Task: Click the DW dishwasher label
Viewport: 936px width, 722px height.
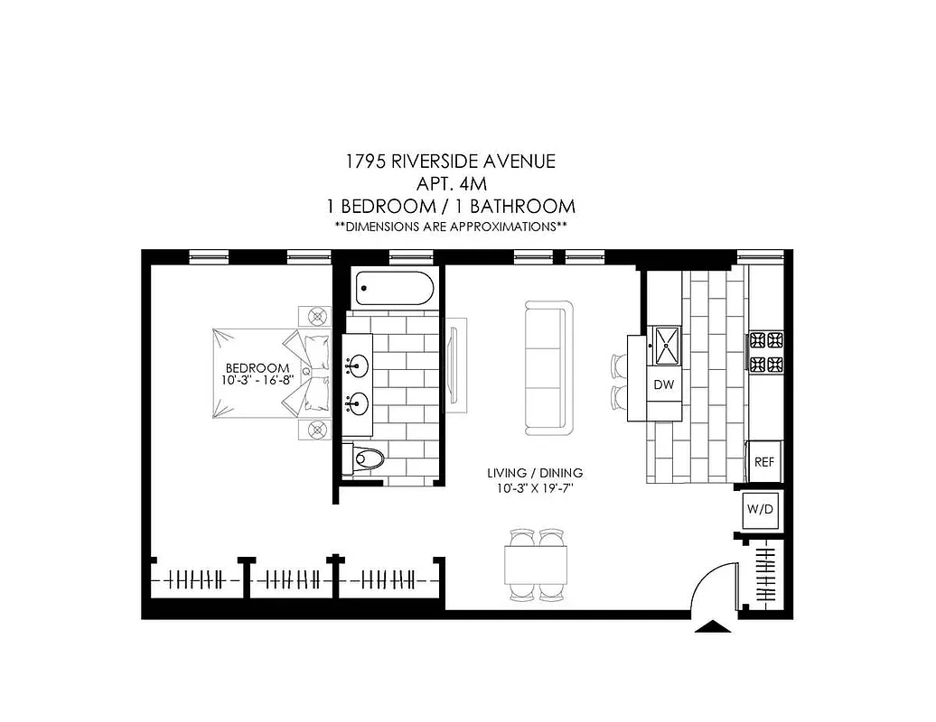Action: [664, 384]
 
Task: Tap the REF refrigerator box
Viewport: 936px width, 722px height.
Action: [763, 461]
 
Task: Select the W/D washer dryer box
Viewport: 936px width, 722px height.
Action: [760, 510]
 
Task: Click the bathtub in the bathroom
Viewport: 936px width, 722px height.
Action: [394, 288]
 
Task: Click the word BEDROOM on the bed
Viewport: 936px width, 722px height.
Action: [257, 368]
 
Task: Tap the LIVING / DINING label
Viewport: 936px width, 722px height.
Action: [534, 473]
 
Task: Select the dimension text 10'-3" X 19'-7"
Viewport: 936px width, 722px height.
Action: [534, 488]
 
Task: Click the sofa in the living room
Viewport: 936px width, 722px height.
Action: [548, 366]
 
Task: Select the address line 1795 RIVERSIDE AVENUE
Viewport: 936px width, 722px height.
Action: [450, 162]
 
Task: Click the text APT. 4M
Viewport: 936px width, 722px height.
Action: [450, 184]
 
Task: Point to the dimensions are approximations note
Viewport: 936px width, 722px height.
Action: [450, 227]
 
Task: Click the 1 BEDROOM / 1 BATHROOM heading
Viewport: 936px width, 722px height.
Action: [450, 206]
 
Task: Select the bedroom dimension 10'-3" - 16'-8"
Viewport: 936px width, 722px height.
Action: [257, 381]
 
